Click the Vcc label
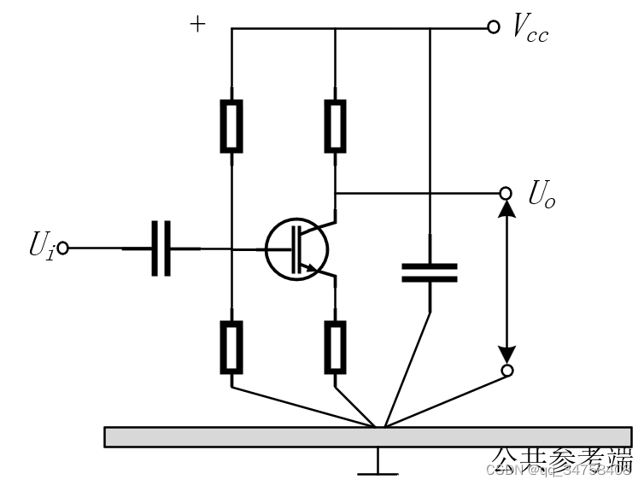530,28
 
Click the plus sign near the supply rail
197,24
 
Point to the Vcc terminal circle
493,27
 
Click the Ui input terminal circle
62,248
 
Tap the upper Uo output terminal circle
506,193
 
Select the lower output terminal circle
506,370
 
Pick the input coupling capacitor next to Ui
161,248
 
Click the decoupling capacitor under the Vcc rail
429,272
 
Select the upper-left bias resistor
231,126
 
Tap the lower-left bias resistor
231,347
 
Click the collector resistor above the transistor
336,126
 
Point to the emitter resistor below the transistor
336,347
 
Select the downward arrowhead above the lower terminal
506,353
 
